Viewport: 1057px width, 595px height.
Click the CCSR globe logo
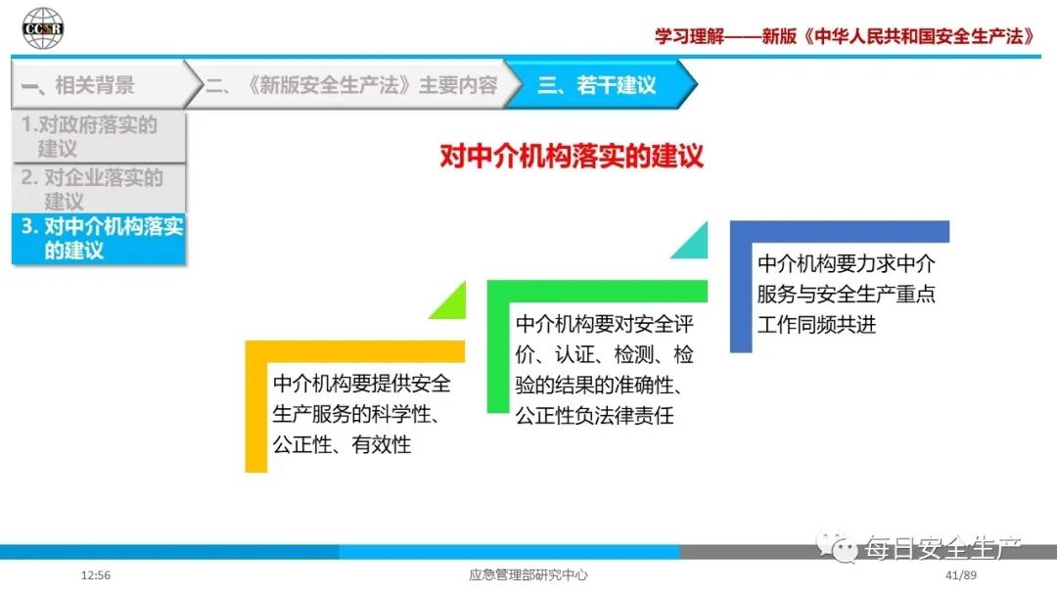coord(42,28)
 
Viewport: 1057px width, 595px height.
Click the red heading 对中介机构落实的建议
coord(572,157)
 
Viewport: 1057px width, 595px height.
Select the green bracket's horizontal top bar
coord(597,291)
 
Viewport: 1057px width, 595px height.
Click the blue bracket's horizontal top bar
coord(840,231)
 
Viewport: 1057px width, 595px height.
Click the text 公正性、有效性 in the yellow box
coord(342,444)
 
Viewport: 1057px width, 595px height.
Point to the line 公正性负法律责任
coord(595,416)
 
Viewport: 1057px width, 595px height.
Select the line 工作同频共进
coord(816,325)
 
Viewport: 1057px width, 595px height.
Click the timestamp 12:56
coord(96,575)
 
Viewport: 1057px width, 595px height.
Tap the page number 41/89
coord(961,575)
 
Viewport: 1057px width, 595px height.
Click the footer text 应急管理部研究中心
coord(528,575)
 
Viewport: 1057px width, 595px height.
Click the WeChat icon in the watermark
coord(837,547)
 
